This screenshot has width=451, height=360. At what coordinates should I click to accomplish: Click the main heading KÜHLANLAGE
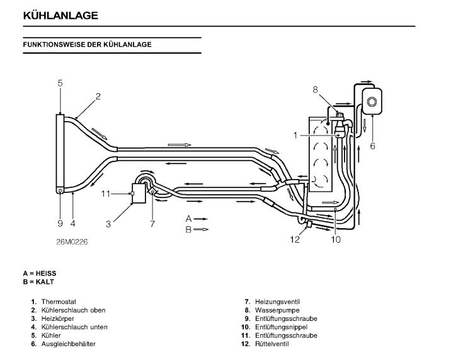pyautogui.click(x=60, y=16)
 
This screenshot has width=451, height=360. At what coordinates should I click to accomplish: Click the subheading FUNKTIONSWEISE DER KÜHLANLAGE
pyautogui.click(x=87, y=45)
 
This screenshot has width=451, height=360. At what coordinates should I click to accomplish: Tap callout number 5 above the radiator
pyautogui.click(x=60, y=82)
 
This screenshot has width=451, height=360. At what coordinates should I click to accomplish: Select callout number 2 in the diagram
pyautogui.click(x=98, y=96)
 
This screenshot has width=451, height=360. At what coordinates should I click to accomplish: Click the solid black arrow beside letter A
pyautogui.click(x=201, y=218)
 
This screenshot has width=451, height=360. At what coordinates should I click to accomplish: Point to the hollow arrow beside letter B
pyautogui.click(x=201, y=229)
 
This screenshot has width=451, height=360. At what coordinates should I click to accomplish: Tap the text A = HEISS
pyautogui.click(x=40, y=273)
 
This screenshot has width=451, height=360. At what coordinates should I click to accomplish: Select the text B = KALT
pyautogui.click(x=38, y=281)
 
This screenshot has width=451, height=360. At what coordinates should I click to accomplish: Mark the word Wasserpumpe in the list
pyautogui.click(x=273, y=310)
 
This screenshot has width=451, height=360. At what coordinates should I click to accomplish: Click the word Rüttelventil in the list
pyautogui.click(x=272, y=344)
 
